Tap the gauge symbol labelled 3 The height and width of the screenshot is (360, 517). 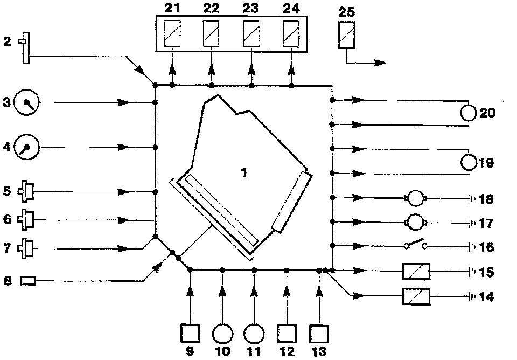tap(24, 102)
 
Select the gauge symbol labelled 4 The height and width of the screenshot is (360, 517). tap(25, 146)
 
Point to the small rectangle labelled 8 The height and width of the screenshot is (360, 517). tap(28, 281)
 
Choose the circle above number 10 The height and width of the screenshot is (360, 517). tap(222, 333)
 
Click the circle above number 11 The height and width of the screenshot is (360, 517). tap(254, 333)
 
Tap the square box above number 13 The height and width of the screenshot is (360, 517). tap(319, 333)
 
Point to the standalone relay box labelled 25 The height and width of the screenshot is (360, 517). tap(346, 36)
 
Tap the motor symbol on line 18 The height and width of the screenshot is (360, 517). tap(416, 199)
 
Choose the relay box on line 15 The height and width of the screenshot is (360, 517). tap(416, 271)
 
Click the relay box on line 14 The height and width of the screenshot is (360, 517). tap(416, 296)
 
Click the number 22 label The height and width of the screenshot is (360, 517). tap(210, 8)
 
